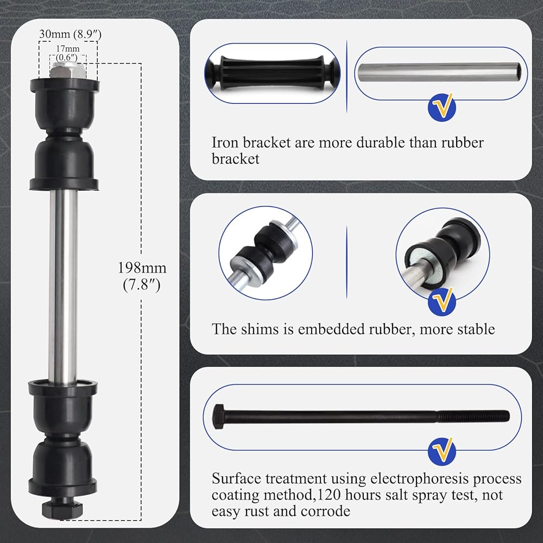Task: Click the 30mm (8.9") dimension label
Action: pos(70,34)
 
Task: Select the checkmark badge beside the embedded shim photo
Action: pos(441,301)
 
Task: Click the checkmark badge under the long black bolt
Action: pos(441,450)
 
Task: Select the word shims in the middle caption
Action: pos(256,329)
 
